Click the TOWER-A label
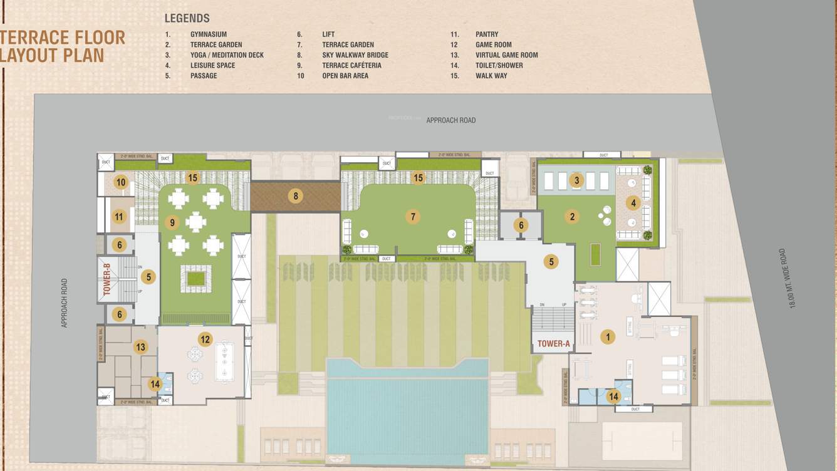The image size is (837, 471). point(554,343)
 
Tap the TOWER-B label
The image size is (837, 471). point(107,279)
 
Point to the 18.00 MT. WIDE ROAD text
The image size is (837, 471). point(795,278)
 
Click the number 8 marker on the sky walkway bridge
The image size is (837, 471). point(295,196)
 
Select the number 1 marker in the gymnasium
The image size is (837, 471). point(607,337)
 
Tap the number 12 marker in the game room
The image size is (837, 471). point(205,339)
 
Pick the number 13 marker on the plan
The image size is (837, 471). point(140,347)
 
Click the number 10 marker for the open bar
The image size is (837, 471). point(121,183)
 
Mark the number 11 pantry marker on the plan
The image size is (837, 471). point(119,217)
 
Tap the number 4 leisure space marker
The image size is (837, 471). point(633,203)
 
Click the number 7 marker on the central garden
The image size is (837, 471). point(412,217)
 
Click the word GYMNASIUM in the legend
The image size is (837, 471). point(208,34)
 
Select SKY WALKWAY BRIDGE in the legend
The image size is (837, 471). point(355,55)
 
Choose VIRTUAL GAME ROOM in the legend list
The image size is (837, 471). point(506,55)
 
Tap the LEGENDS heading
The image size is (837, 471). point(187,18)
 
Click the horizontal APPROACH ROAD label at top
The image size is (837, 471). point(450,120)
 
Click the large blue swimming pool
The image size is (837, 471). point(407,417)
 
